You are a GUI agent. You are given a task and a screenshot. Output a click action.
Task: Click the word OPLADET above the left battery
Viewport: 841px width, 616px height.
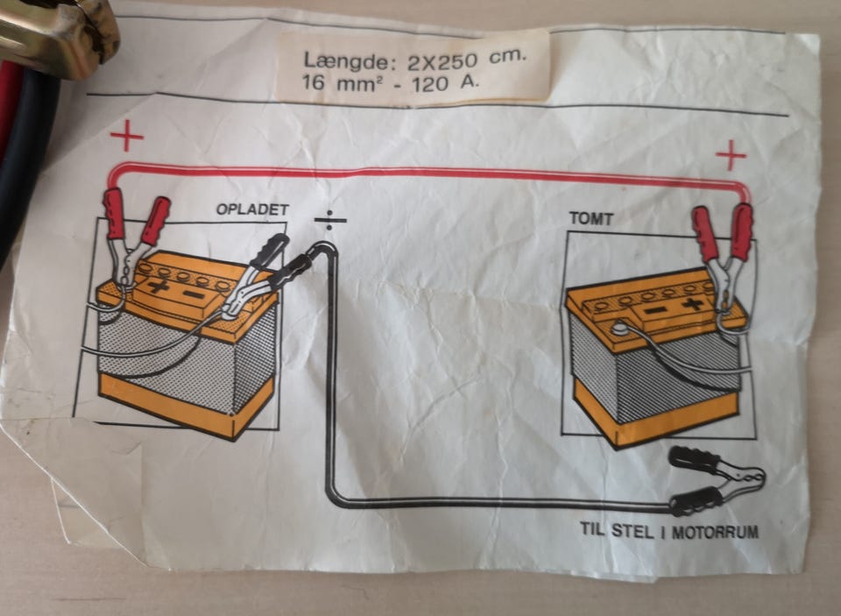tap(252, 210)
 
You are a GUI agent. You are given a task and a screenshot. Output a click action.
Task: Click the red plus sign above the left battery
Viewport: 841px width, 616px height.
tap(127, 137)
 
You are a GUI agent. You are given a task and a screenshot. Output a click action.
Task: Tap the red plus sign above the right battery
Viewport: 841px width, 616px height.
tap(731, 155)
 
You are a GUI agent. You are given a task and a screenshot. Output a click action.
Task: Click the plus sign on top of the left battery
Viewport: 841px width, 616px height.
tap(159, 286)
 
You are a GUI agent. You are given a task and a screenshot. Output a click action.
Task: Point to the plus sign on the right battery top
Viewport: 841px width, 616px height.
tap(694, 304)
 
